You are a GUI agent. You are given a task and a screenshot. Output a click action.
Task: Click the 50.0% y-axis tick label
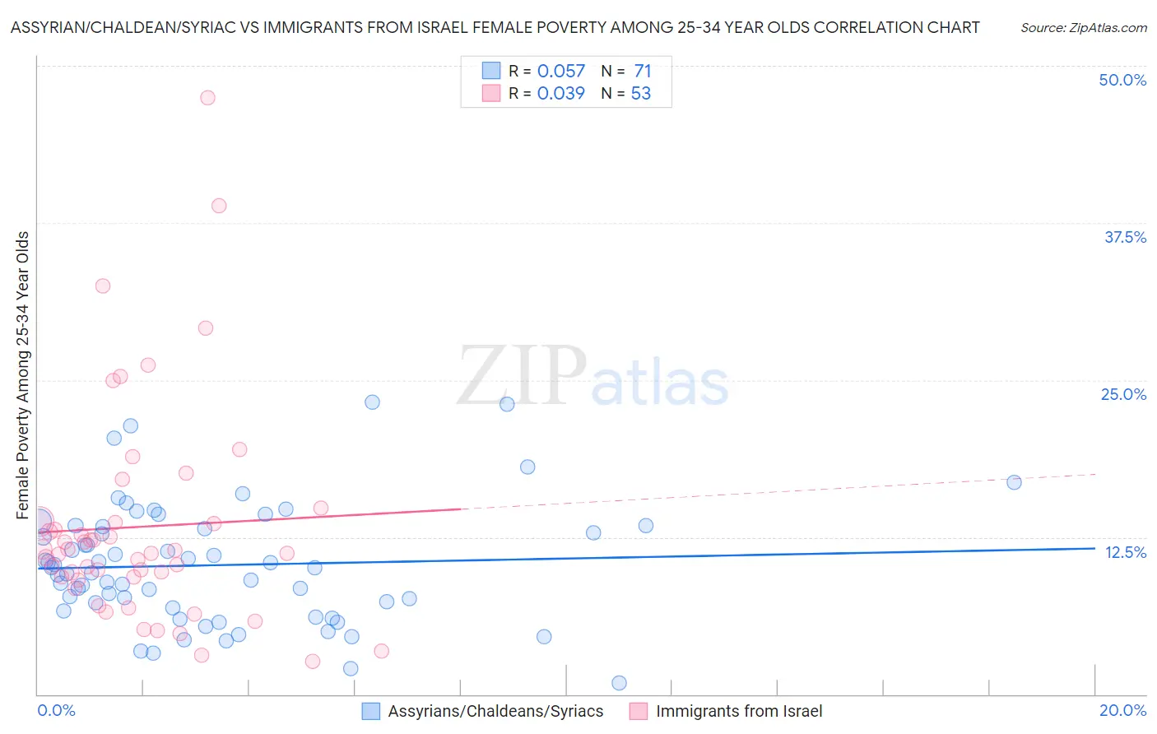(x=1122, y=80)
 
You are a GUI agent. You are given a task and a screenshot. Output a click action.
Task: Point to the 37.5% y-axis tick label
(x=1125, y=237)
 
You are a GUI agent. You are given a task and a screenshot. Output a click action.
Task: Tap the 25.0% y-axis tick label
(x=1123, y=394)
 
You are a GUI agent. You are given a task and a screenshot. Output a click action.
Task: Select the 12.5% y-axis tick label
(x=1125, y=552)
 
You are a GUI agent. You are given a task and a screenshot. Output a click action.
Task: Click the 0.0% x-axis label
(x=56, y=710)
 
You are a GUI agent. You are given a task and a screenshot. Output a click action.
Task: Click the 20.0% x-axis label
(x=1122, y=710)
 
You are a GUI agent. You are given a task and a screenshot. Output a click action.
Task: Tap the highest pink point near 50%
(x=207, y=98)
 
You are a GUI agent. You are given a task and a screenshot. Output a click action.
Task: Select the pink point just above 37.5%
(x=219, y=206)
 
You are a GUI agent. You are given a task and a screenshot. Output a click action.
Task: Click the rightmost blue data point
(x=1014, y=482)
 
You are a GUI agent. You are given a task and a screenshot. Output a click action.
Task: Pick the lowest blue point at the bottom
(x=620, y=683)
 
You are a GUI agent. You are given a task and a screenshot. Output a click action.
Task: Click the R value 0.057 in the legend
(x=560, y=72)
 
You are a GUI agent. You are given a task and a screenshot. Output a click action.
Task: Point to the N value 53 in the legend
(x=640, y=94)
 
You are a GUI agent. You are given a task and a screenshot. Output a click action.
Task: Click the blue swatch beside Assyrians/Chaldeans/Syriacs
(x=371, y=711)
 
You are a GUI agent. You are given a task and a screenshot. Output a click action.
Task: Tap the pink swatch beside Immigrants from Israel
(x=639, y=711)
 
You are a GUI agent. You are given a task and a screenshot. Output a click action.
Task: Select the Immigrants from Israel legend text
(x=739, y=711)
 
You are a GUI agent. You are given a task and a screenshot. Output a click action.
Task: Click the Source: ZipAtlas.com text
(x=1083, y=28)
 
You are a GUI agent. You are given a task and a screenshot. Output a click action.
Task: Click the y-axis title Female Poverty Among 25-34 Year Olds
(x=23, y=375)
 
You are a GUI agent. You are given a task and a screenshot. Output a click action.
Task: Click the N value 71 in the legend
(x=643, y=72)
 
